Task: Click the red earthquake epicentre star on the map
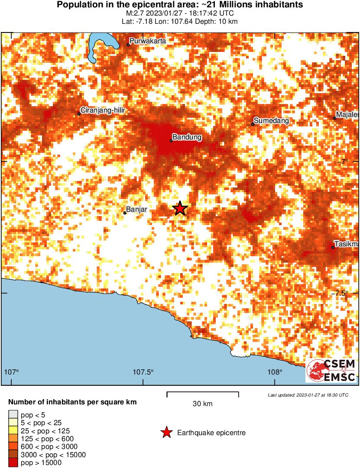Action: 180,209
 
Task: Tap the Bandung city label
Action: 187,137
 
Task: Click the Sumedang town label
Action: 271,120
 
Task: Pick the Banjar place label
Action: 137,210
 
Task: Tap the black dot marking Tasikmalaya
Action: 333,247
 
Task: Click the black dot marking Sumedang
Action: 253,124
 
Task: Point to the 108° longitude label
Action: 274,372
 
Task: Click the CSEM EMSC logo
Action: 331,371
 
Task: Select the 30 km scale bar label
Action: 202,404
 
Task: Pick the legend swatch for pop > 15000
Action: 13,463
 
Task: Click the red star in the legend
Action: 166,432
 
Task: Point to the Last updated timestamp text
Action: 308,395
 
